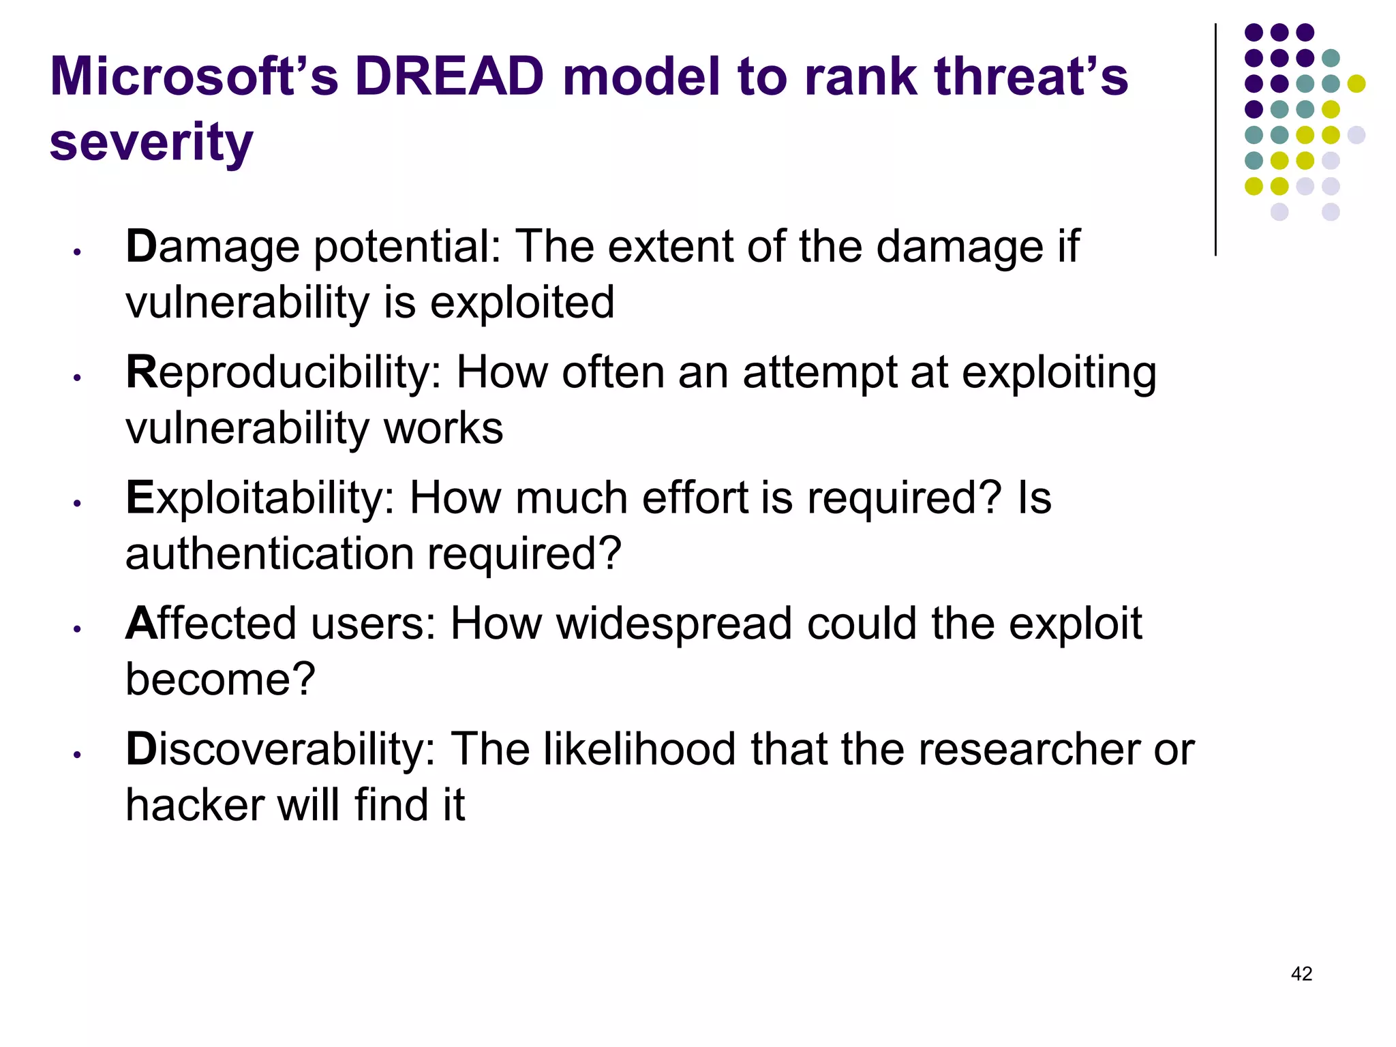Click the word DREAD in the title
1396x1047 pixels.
pyautogui.click(x=449, y=76)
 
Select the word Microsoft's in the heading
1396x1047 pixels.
pyautogui.click(x=194, y=76)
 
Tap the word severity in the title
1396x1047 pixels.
pyautogui.click(x=151, y=143)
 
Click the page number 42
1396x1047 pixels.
pyautogui.click(x=1301, y=973)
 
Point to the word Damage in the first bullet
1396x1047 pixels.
pyautogui.click(x=213, y=247)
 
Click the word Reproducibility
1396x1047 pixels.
pyautogui.click(x=284, y=373)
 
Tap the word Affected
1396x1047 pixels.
pyautogui.click(x=211, y=624)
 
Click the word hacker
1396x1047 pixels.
pyautogui.click(x=195, y=805)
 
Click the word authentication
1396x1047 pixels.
pyautogui.click(x=270, y=553)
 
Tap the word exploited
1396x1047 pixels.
pyautogui.click(x=522, y=303)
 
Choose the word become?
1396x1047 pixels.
pyautogui.click(x=220, y=680)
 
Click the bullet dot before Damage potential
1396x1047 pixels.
pyautogui.click(x=78, y=252)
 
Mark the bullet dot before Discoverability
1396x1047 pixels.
pyautogui.click(x=78, y=755)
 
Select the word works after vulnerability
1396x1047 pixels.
pyautogui.click(x=443, y=428)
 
